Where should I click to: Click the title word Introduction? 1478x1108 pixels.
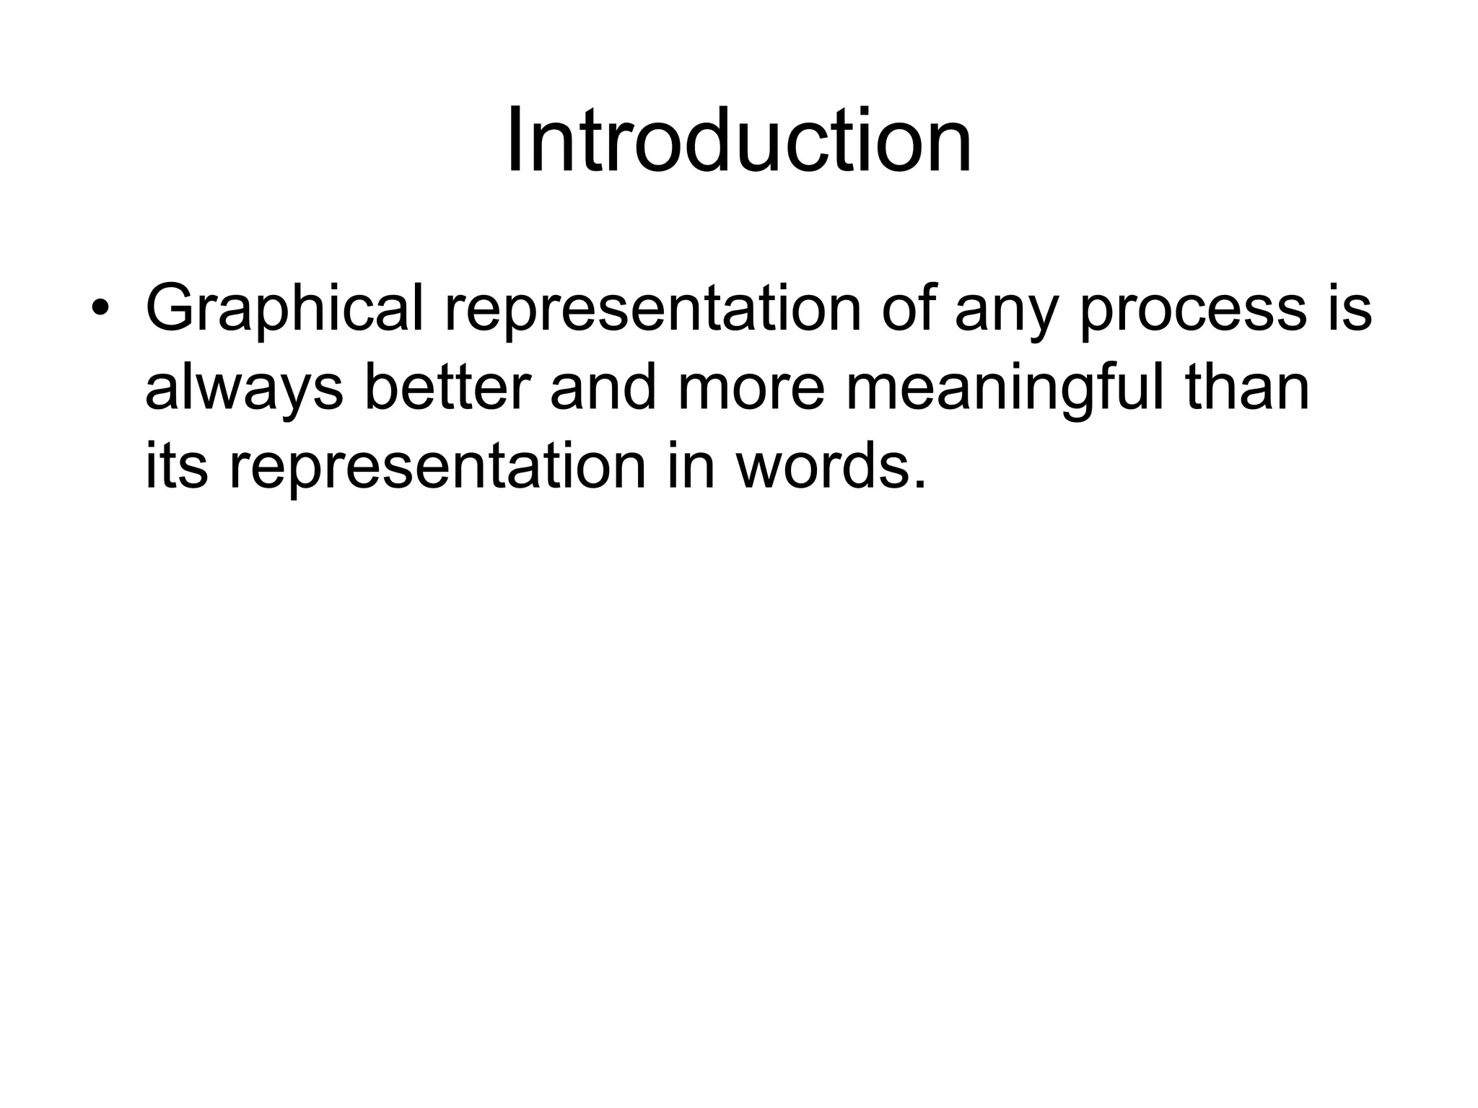pos(738,140)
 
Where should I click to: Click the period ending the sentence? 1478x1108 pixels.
pos(918,484)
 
